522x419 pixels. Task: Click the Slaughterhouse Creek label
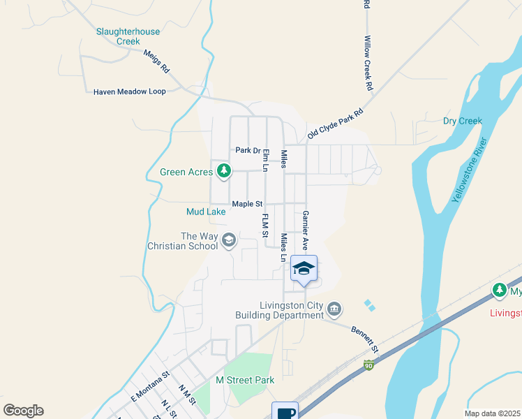pos(128,36)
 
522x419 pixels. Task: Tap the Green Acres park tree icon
pos(224,171)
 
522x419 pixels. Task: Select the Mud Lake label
pos(206,211)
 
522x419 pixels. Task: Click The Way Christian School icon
pos(228,241)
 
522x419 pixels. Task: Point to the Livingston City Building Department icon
pos(334,309)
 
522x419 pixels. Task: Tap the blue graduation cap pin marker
pos(304,269)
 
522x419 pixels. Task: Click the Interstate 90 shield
pos(368,365)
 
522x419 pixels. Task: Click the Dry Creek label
pos(463,121)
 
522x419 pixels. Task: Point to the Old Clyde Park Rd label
pos(336,122)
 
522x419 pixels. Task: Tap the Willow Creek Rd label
pos(368,64)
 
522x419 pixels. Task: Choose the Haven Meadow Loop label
pos(130,91)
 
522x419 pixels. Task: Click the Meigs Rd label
pos(156,61)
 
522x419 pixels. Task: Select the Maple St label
pos(247,204)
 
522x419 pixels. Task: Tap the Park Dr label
pos(247,150)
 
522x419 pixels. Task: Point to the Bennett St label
pos(365,339)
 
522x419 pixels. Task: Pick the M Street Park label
pos(245,380)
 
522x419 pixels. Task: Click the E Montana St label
pos(150,386)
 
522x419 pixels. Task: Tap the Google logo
pos(24,411)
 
